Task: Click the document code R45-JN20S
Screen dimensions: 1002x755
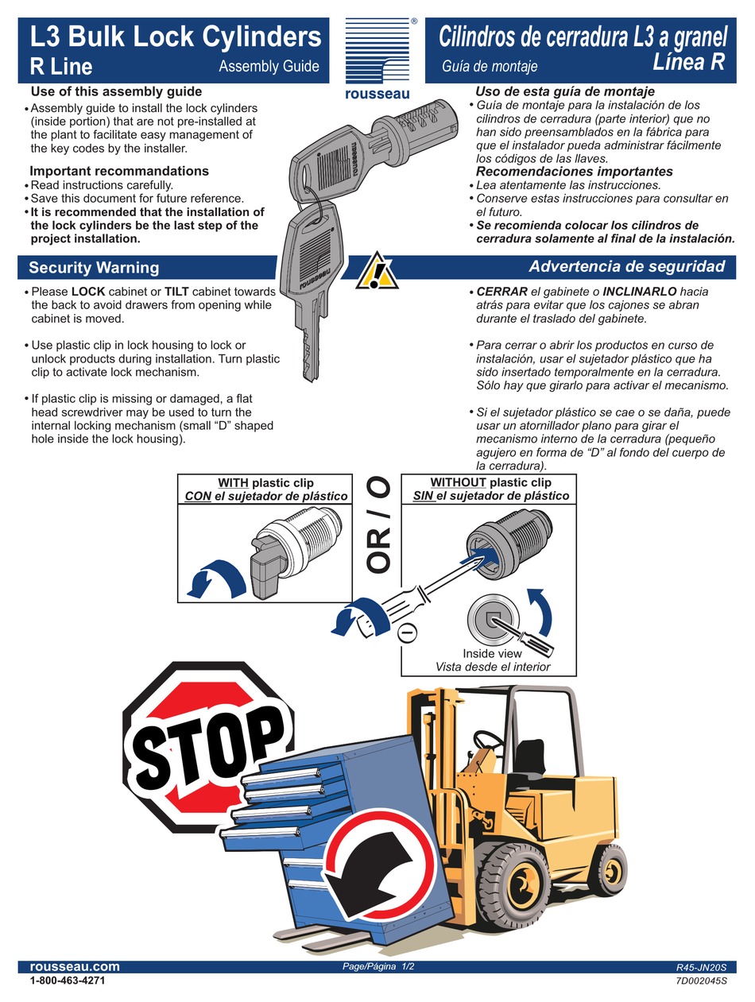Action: pyautogui.click(x=700, y=967)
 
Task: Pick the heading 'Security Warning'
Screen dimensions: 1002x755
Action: pyautogui.click(x=94, y=268)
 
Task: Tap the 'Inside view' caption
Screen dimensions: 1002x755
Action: pyautogui.click(x=492, y=653)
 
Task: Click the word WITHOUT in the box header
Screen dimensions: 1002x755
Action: pyautogui.click(x=458, y=482)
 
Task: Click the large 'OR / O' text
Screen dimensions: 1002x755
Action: pyautogui.click(x=377, y=524)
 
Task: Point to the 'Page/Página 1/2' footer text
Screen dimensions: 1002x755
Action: pyautogui.click(x=378, y=966)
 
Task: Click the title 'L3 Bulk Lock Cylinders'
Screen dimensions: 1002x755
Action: pyautogui.click(x=176, y=37)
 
